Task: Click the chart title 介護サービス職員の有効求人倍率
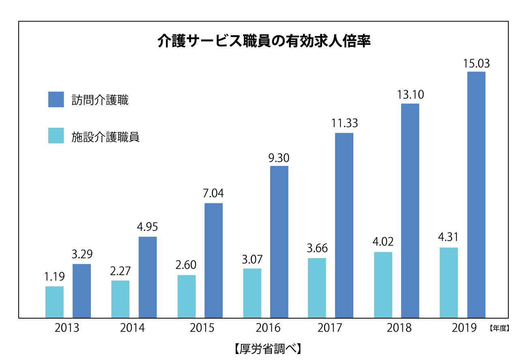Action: pyautogui.click(x=264, y=41)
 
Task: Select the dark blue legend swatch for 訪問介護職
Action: pyautogui.click(x=56, y=99)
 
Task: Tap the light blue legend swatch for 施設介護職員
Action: pyautogui.click(x=56, y=136)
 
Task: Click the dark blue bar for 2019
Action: pyautogui.click(x=476, y=195)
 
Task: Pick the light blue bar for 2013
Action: pyautogui.click(x=54, y=302)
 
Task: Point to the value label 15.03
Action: pyautogui.click(x=476, y=64)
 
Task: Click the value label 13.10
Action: pyautogui.click(x=410, y=95)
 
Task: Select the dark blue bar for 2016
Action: pyautogui.click(x=279, y=242)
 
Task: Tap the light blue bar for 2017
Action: pyautogui.click(x=317, y=288)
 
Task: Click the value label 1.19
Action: pyautogui.click(x=54, y=277)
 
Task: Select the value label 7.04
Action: pyautogui.click(x=213, y=194)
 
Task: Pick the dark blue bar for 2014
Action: pyautogui.click(x=148, y=277)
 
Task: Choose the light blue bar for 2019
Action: pyautogui.click(x=449, y=282)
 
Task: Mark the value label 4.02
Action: pyautogui.click(x=383, y=243)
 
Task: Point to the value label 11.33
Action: pyautogui.click(x=344, y=123)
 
